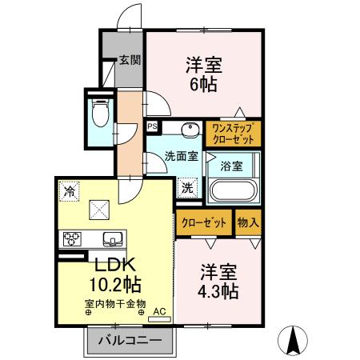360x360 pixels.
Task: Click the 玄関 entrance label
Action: (130, 59)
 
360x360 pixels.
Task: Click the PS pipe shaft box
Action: (153, 126)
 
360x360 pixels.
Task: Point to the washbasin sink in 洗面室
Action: (190, 130)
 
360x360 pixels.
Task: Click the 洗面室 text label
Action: (182, 157)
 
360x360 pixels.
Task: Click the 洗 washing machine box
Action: (186, 189)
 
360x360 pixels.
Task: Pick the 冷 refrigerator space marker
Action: (70, 191)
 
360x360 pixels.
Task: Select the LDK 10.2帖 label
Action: (114, 274)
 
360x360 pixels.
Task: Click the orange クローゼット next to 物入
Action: (204, 223)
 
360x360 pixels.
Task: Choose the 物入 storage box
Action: (248, 223)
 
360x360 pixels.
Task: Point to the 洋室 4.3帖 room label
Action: (218, 282)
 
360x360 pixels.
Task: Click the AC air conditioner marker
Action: (158, 311)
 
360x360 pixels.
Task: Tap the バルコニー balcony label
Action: (130, 341)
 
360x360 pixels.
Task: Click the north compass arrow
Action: (293, 341)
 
